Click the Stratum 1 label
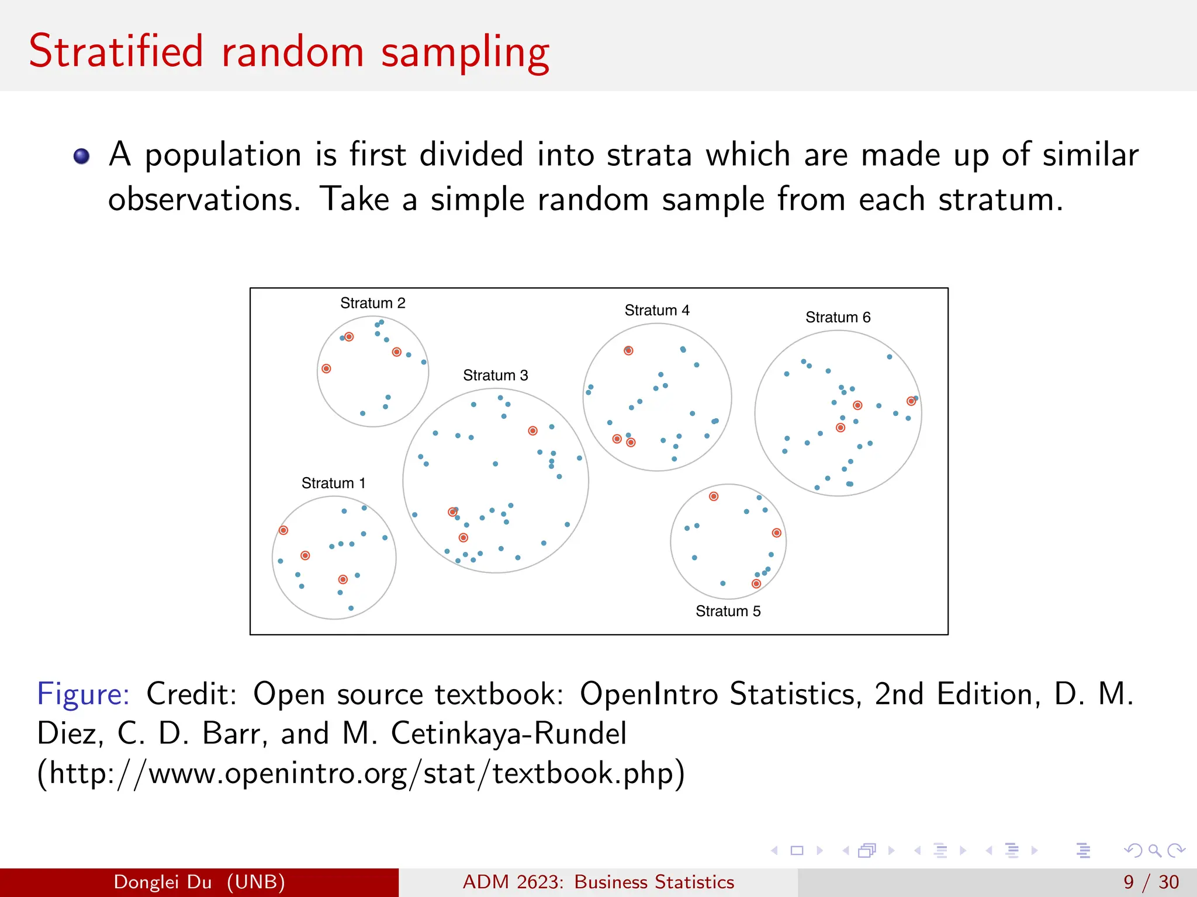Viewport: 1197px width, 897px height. point(333,483)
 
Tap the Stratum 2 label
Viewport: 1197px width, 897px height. point(372,303)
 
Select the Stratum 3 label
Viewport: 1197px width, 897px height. point(495,375)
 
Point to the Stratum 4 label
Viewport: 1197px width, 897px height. point(656,310)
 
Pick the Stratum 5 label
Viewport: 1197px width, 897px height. point(728,611)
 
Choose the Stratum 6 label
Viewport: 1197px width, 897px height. point(838,317)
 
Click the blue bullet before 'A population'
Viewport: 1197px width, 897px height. point(81,156)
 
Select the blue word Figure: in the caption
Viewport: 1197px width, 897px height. point(83,694)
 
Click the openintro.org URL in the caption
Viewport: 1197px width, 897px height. point(360,773)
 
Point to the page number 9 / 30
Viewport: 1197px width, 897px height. point(1151,882)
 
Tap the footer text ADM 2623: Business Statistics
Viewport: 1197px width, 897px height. point(598,882)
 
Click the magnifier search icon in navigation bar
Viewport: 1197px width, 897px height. point(1154,850)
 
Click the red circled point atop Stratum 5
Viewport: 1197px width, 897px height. point(714,496)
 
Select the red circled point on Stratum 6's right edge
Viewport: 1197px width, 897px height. point(911,401)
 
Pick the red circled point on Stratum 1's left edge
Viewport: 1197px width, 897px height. point(283,530)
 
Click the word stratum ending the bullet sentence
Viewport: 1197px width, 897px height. point(999,200)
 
